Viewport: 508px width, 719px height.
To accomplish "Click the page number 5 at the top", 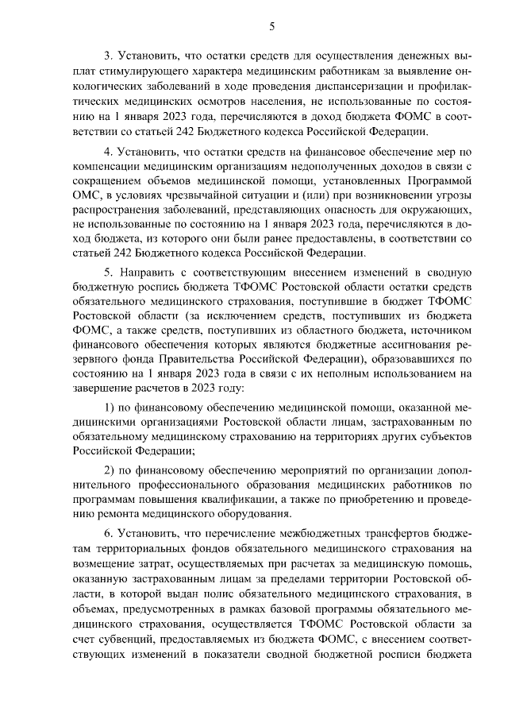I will pos(271,25).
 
